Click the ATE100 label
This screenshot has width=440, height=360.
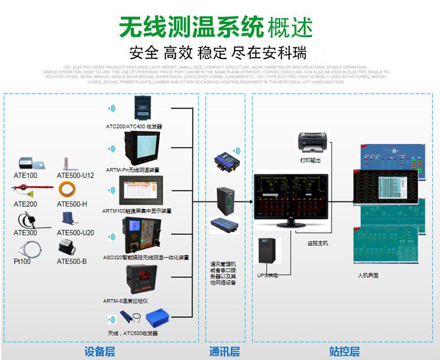tap(25, 176)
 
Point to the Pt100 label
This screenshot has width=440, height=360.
tap(22, 261)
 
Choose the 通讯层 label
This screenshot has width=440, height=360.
tap(225, 352)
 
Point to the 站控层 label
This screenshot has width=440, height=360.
tap(344, 352)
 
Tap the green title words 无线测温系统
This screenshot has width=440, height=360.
tap(190, 27)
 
